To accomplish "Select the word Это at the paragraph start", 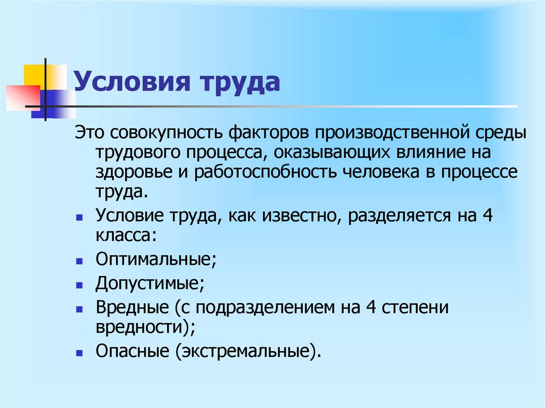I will [x=87, y=131].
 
